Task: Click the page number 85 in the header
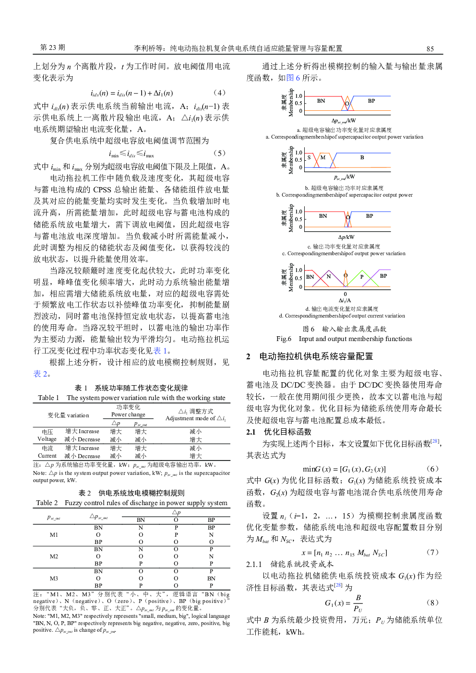[x=430, y=48]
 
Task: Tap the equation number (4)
[x=219, y=93]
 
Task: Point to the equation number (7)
[x=432, y=552]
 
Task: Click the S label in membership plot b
[x=309, y=157]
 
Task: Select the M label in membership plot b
[x=323, y=157]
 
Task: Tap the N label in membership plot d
[x=329, y=276]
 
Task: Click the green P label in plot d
[x=362, y=277]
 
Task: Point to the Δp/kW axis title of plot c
[x=346, y=237]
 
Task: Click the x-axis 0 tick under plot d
[x=345, y=294]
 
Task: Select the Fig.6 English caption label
[x=284, y=339]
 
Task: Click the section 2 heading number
[x=249, y=356]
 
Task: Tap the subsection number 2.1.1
[x=254, y=564]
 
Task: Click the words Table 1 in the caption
[x=48, y=398]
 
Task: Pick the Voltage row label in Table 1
[x=47, y=439]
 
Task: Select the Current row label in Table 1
[x=47, y=456]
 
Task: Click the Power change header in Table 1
[x=128, y=414]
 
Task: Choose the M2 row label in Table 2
[x=54, y=556]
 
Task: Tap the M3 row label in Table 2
[x=54, y=579]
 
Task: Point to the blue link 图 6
[x=293, y=78]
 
